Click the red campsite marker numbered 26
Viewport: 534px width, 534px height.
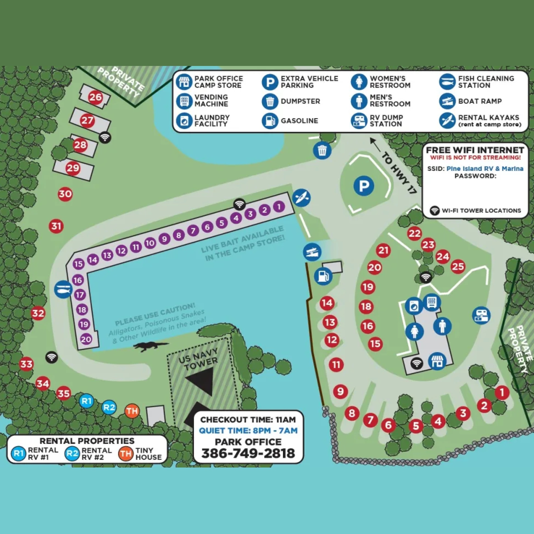click(95, 97)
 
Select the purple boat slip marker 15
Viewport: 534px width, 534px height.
click(78, 264)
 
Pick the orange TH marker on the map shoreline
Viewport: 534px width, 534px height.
click(132, 411)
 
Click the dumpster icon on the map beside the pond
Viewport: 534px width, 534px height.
click(322, 151)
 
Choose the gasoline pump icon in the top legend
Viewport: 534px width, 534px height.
click(270, 121)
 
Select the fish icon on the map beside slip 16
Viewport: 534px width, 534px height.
click(63, 290)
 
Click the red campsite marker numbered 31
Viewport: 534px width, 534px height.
click(56, 226)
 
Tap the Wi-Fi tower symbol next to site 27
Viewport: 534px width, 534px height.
click(105, 137)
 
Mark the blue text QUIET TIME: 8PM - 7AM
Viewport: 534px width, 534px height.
click(248, 431)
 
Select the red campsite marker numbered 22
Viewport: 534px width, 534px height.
click(414, 234)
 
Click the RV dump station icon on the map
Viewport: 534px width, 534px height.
click(481, 315)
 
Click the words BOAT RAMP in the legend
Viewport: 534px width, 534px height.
click(480, 101)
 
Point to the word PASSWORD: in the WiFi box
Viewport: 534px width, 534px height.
click(475, 176)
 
